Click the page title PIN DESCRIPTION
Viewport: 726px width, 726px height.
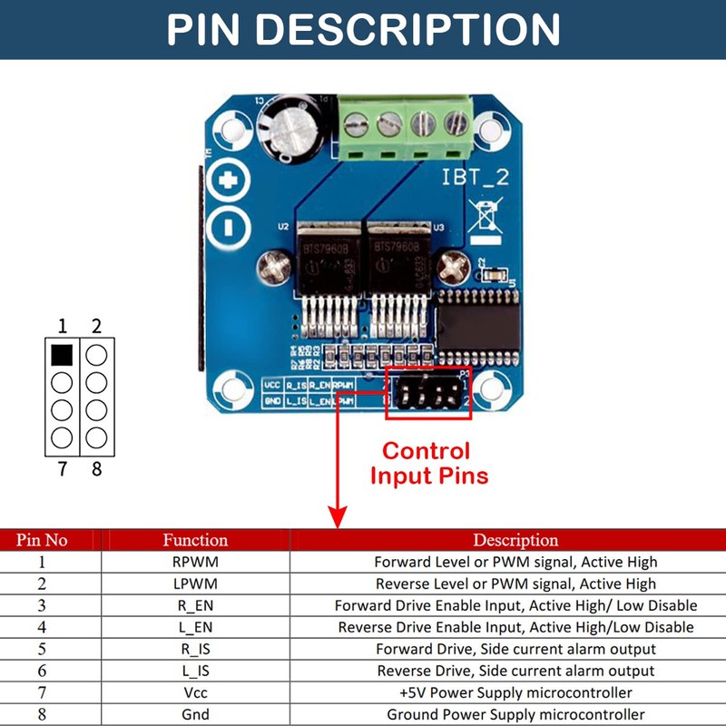pos(363,29)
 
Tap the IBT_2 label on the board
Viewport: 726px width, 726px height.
pos(476,177)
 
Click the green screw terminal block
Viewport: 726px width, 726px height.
pos(405,124)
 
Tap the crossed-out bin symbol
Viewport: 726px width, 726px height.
pos(488,218)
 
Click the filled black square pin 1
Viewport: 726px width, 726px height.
pos(62,354)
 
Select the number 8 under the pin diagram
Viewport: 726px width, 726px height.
pos(96,468)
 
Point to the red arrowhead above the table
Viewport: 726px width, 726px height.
pos(338,516)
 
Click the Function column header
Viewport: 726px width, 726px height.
pos(195,540)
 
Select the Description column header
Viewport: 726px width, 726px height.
pos(515,540)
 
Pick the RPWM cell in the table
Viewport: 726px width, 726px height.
pos(195,562)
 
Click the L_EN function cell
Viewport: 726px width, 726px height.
pos(195,627)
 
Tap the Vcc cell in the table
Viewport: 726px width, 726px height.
pos(195,692)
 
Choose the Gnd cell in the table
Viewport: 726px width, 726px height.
pos(195,714)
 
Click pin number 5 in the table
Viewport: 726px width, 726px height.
pos(42,649)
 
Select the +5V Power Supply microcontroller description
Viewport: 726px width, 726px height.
pos(515,692)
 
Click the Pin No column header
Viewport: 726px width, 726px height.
pos(42,540)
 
